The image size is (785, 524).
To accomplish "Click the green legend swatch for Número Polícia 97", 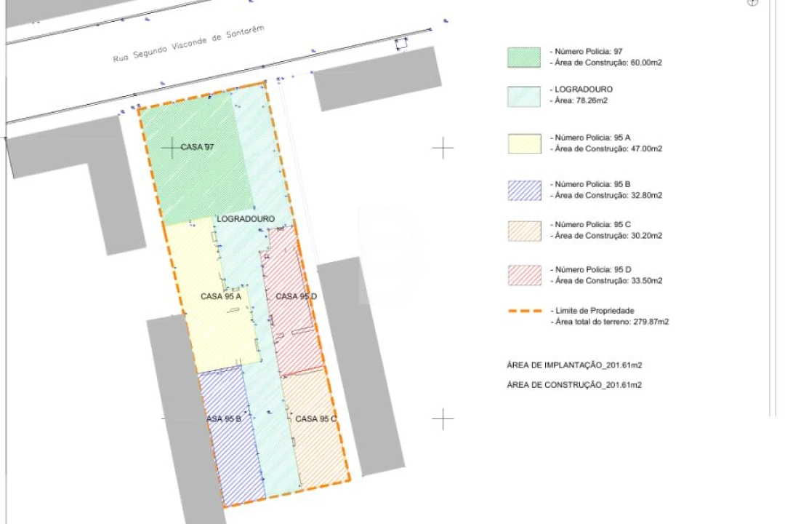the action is coord(524,57).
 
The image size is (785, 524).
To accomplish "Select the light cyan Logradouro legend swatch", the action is coord(524,96).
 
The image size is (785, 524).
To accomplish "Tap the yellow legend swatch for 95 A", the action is coord(524,143).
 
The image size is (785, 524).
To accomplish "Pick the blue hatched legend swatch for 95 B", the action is coord(524,191).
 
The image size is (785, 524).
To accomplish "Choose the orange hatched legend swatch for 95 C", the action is coord(524,231).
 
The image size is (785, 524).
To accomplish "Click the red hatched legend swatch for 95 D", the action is coord(524,276).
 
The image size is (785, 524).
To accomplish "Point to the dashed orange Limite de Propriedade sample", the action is coord(526,311).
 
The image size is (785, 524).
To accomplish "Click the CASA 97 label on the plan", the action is coord(197,147).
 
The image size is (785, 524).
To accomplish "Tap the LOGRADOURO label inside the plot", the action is coord(246,218).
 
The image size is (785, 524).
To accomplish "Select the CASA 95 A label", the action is coord(221,296).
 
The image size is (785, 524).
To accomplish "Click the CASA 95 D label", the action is coord(297,296).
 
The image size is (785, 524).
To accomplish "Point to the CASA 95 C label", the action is coord(316,418).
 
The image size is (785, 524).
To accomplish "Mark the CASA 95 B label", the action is coord(224,418).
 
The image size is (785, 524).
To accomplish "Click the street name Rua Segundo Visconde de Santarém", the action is coord(188,44).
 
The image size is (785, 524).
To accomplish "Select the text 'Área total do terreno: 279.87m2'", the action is coord(612,322).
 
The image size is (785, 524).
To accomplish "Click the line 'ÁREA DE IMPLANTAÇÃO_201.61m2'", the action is coord(574,365).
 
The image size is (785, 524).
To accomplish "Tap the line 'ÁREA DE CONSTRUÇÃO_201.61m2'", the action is coord(574,384).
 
